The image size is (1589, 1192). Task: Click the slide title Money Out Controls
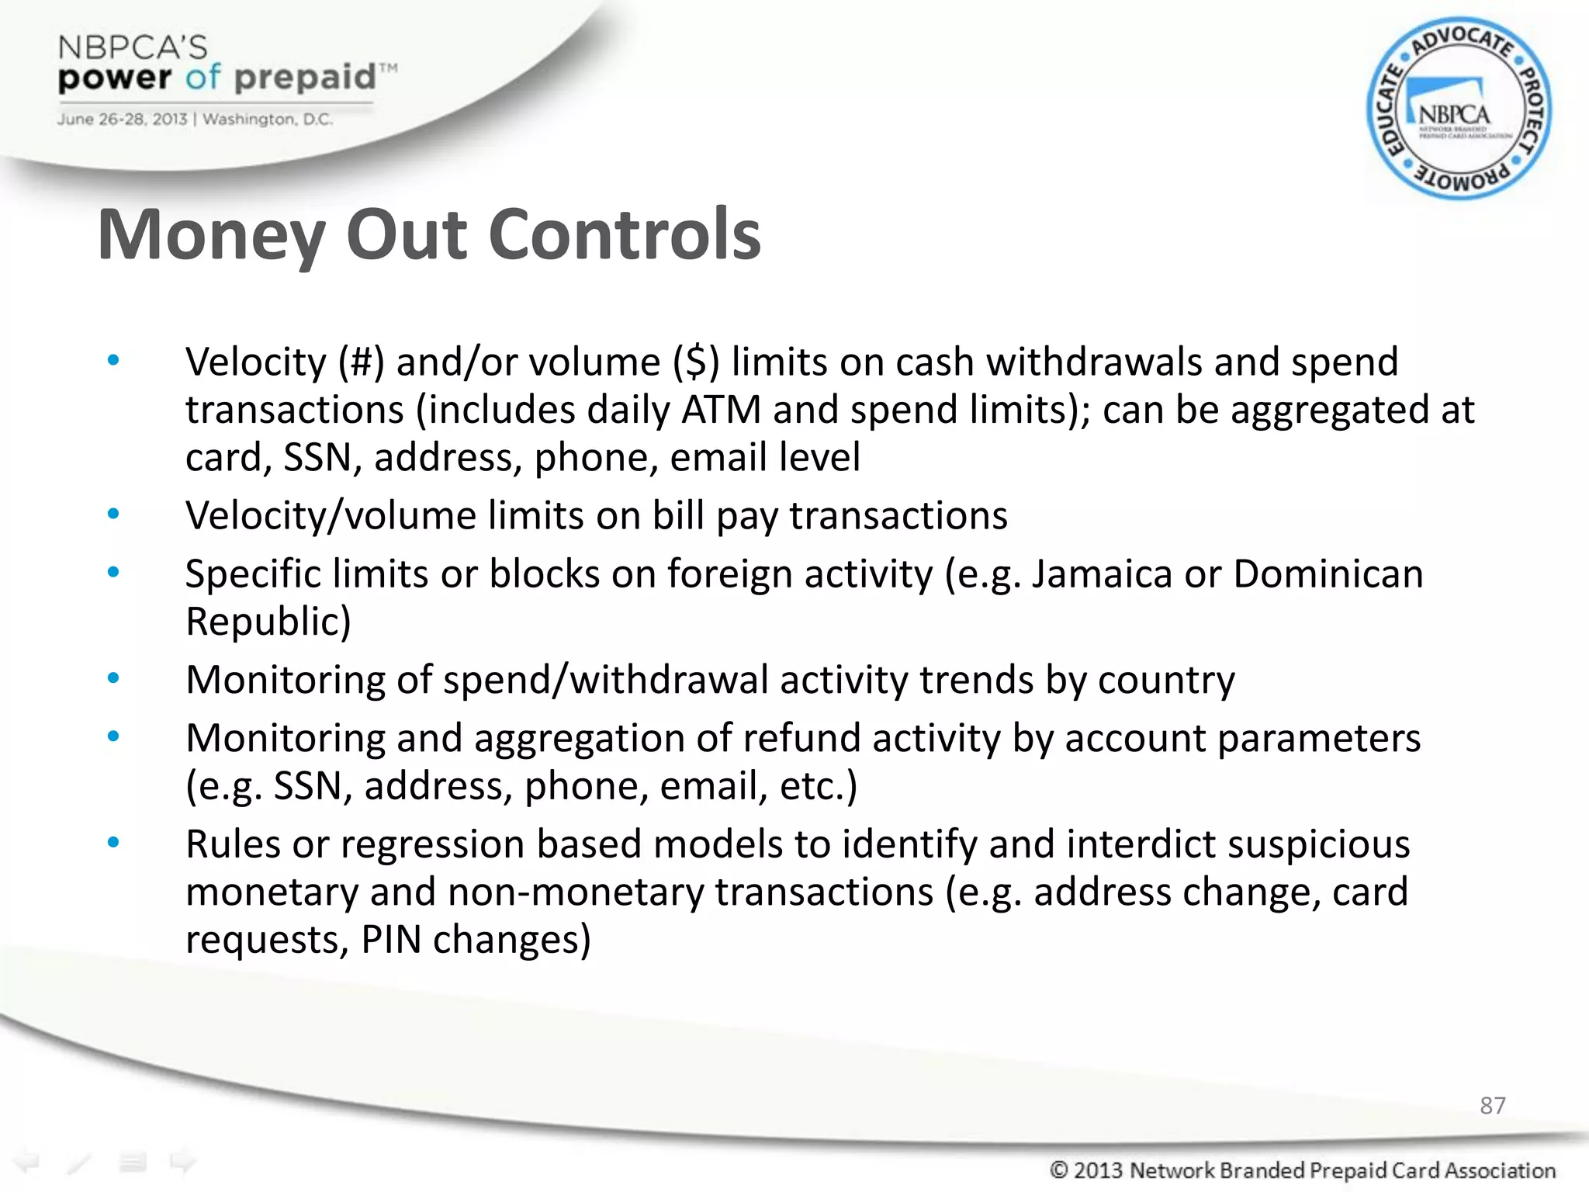[x=429, y=235]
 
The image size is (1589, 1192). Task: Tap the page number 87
[x=1492, y=1105]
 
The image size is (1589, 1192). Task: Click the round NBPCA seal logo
[x=1459, y=109]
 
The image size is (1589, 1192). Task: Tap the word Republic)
[x=268, y=622]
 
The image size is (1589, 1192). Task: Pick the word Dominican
[x=1328, y=574]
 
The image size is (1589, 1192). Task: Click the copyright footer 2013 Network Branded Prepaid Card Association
[x=1303, y=1169]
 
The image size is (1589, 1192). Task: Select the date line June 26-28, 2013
[x=122, y=120]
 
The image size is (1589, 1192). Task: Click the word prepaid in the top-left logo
[x=304, y=78]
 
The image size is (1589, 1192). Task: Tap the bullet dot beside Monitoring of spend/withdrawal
[x=113, y=679]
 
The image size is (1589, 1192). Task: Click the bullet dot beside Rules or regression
[x=113, y=843]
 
